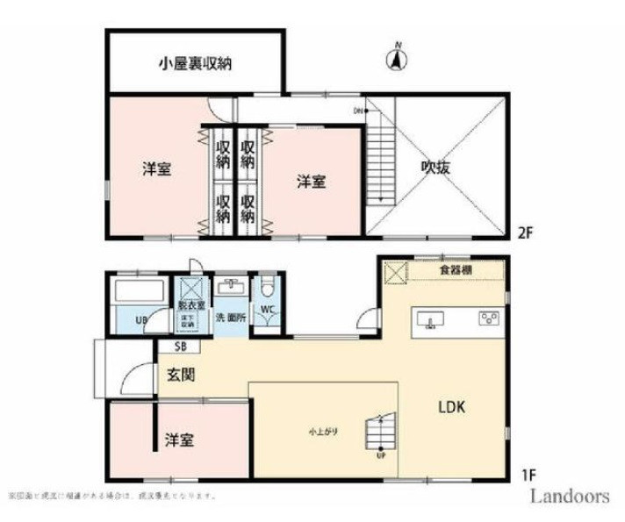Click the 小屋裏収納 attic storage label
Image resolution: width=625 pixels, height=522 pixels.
195,64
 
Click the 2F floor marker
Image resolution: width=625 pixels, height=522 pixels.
525,232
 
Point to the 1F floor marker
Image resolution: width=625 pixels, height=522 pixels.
527,476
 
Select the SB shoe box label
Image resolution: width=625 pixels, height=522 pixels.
167,346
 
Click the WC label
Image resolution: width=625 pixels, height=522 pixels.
267,309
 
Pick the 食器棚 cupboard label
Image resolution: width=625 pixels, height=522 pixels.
456,270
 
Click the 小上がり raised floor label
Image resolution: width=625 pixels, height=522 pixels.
324,432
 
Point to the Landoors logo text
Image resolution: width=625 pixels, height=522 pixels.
569,496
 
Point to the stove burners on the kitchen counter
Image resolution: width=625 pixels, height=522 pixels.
486,318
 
